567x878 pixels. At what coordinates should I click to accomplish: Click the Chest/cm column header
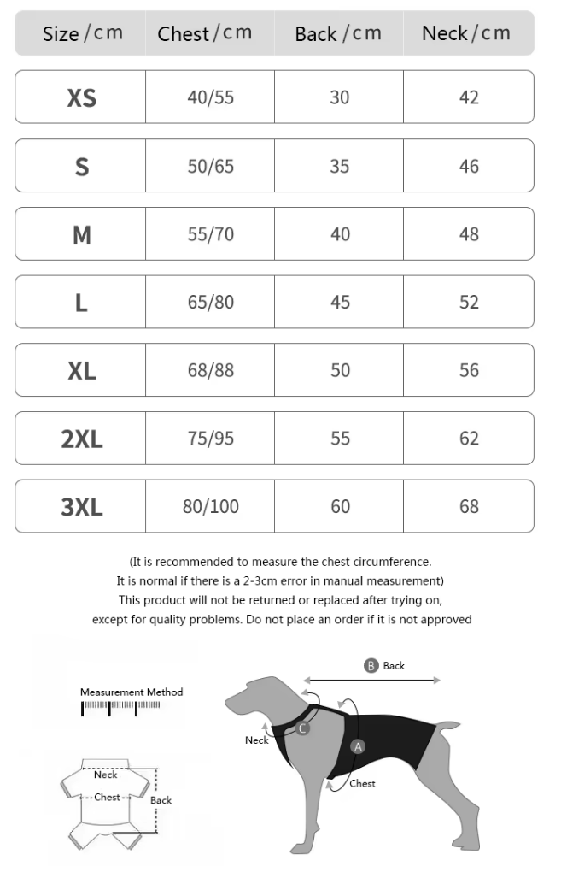205,33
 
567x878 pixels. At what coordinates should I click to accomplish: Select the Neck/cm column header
466,33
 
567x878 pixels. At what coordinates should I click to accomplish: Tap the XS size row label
81,97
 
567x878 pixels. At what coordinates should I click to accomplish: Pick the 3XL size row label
81,506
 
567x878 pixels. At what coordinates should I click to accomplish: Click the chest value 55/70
210,233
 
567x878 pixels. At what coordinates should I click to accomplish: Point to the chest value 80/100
210,506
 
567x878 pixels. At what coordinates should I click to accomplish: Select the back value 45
340,302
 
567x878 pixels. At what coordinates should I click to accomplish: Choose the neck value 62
469,438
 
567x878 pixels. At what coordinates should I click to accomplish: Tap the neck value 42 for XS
469,97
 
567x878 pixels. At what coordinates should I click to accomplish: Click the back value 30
340,97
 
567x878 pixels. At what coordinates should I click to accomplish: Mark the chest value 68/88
210,370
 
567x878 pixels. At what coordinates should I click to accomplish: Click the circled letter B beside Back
371,666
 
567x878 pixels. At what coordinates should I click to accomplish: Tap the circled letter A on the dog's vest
359,746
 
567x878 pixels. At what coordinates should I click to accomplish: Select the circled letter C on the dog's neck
302,728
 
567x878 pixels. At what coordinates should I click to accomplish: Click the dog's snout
232,704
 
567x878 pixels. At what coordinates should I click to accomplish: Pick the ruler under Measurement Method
120,707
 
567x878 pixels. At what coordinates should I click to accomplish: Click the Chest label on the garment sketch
107,797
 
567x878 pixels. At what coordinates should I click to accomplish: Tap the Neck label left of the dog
256,740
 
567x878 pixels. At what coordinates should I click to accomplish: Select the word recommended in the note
198,562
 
